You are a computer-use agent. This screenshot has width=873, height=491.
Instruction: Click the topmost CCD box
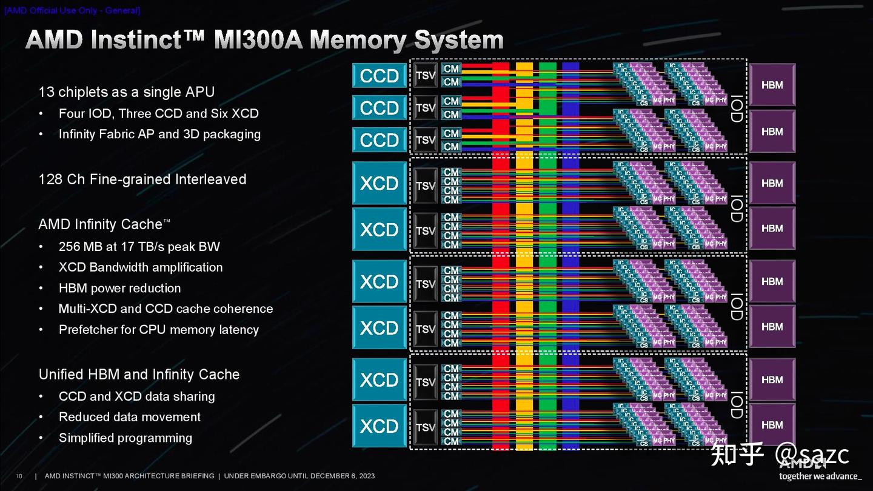tap(380, 76)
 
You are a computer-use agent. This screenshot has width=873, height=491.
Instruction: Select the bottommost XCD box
tap(380, 426)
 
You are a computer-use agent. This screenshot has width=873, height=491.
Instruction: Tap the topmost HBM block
tap(772, 85)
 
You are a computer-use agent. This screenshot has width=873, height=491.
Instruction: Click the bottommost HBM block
tap(772, 425)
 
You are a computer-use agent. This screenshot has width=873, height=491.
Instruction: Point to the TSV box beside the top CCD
tap(426, 76)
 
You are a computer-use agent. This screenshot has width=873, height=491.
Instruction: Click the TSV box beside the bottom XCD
tap(426, 427)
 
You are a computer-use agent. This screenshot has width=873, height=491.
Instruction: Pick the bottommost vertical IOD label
tap(736, 404)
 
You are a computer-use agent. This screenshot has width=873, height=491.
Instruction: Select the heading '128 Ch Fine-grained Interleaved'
tap(142, 179)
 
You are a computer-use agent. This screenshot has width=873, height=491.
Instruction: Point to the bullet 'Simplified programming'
tap(125, 438)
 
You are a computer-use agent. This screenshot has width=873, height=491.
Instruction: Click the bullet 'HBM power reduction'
tap(119, 288)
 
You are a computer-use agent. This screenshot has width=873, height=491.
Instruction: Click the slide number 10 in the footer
tap(19, 476)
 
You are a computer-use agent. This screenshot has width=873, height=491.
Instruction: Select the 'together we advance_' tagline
tap(819, 476)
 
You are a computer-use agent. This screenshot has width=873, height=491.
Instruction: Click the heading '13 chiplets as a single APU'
tap(126, 92)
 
